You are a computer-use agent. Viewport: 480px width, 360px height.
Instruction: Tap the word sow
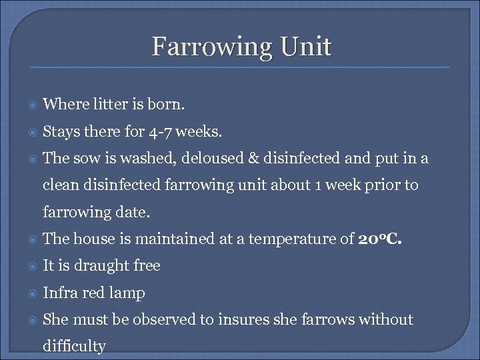[x=87, y=159]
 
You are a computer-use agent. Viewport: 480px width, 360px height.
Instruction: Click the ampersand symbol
[x=253, y=159]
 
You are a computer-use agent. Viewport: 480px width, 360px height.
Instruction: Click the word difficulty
[x=74, y=347]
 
